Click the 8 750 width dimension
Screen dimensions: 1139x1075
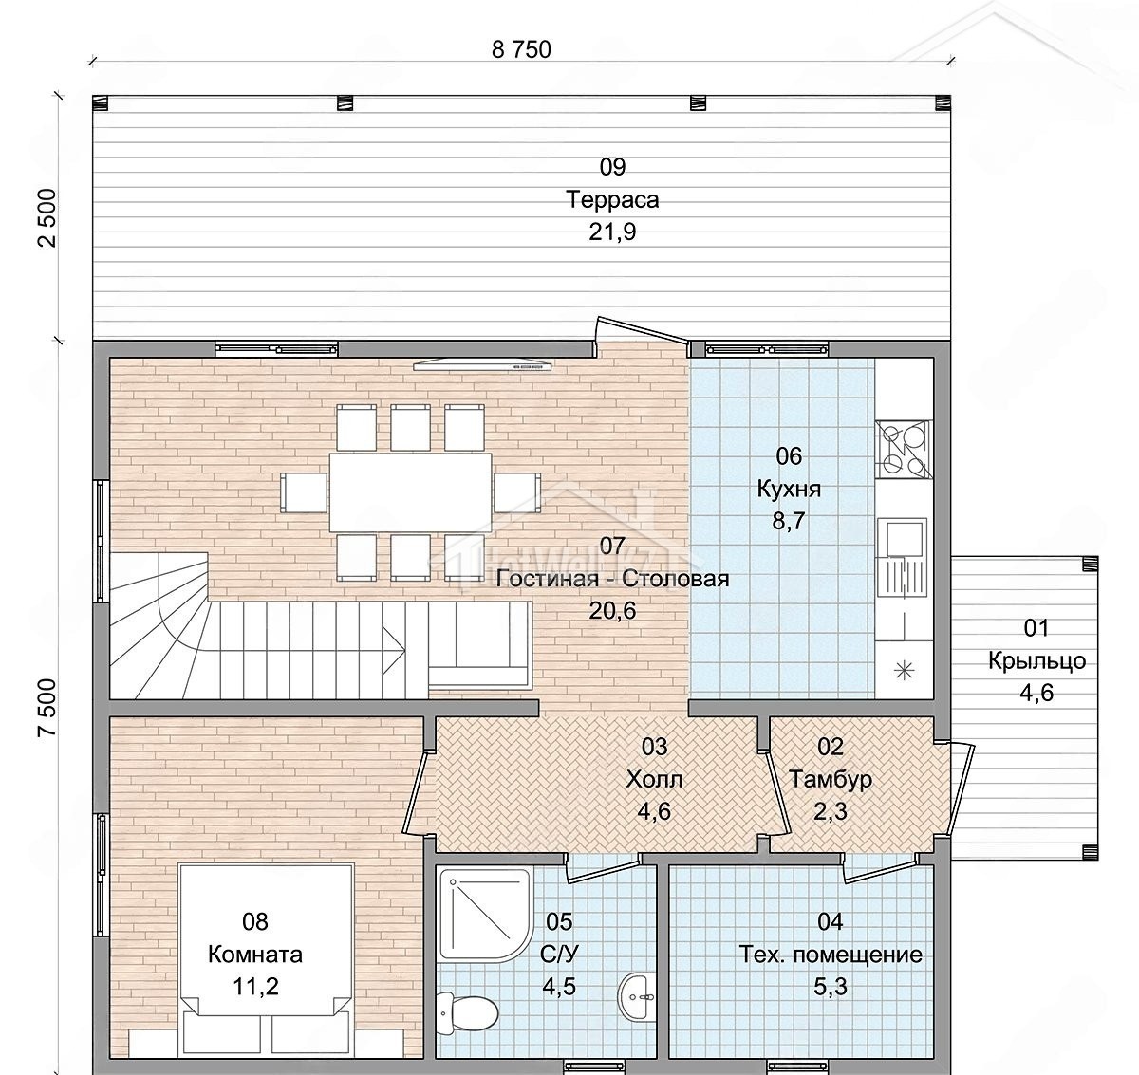click(x=521, y=50)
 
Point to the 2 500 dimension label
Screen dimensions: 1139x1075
click(x=48, y=218)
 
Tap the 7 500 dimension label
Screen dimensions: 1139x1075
click(x=48, y=709)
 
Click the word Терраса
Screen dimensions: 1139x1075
click(x=612, y=199)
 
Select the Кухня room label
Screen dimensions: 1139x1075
click(x=789, y=489)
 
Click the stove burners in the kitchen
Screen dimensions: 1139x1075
click(x=903, y=449)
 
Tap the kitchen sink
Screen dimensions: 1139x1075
click(x=902, y=557)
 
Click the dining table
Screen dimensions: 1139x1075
click(x=410, y=491)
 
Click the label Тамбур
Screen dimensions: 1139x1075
click(x=830, y=779)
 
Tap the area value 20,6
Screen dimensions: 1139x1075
click(x=612, y=611)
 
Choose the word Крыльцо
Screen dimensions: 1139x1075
click(x=1036, y=661)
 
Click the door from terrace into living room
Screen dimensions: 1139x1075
click(x=643, y=331)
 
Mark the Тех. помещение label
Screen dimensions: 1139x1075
click(x=830, y=955)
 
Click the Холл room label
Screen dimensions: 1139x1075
click(x=654, y=779)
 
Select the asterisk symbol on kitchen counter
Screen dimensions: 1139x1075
click(x=904, y=670)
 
